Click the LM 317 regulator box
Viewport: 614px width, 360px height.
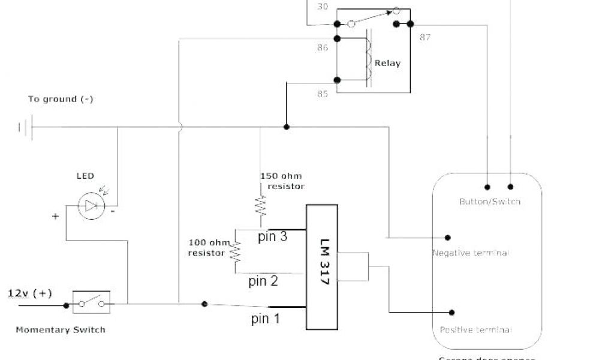tap(321, 267)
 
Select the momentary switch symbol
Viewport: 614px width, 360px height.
tap(91, 303)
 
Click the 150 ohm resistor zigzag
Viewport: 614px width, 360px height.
tap(260, 206)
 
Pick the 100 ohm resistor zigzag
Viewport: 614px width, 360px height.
tap(236, 252)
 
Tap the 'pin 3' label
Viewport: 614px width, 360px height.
tap(273, 236)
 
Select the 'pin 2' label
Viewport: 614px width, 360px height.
tap(263, 280)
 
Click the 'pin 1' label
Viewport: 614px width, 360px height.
tap(266, 319)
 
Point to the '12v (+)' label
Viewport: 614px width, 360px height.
tap(30, 293)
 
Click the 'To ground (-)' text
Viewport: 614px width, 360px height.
tap(61, 99)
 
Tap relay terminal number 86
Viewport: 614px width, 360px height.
tap(323, 47)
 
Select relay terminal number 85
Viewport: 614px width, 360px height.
tap(323, 93)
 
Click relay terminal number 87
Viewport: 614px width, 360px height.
tap(425, 37)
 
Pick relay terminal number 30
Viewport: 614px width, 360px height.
tap(323, 7)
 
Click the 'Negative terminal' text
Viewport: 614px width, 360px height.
tap(471, 253)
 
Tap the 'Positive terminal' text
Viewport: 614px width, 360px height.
tap(475, 330)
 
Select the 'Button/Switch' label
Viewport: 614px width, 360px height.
tap(490, 202)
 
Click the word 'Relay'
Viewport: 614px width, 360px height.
tap(387, 63)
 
